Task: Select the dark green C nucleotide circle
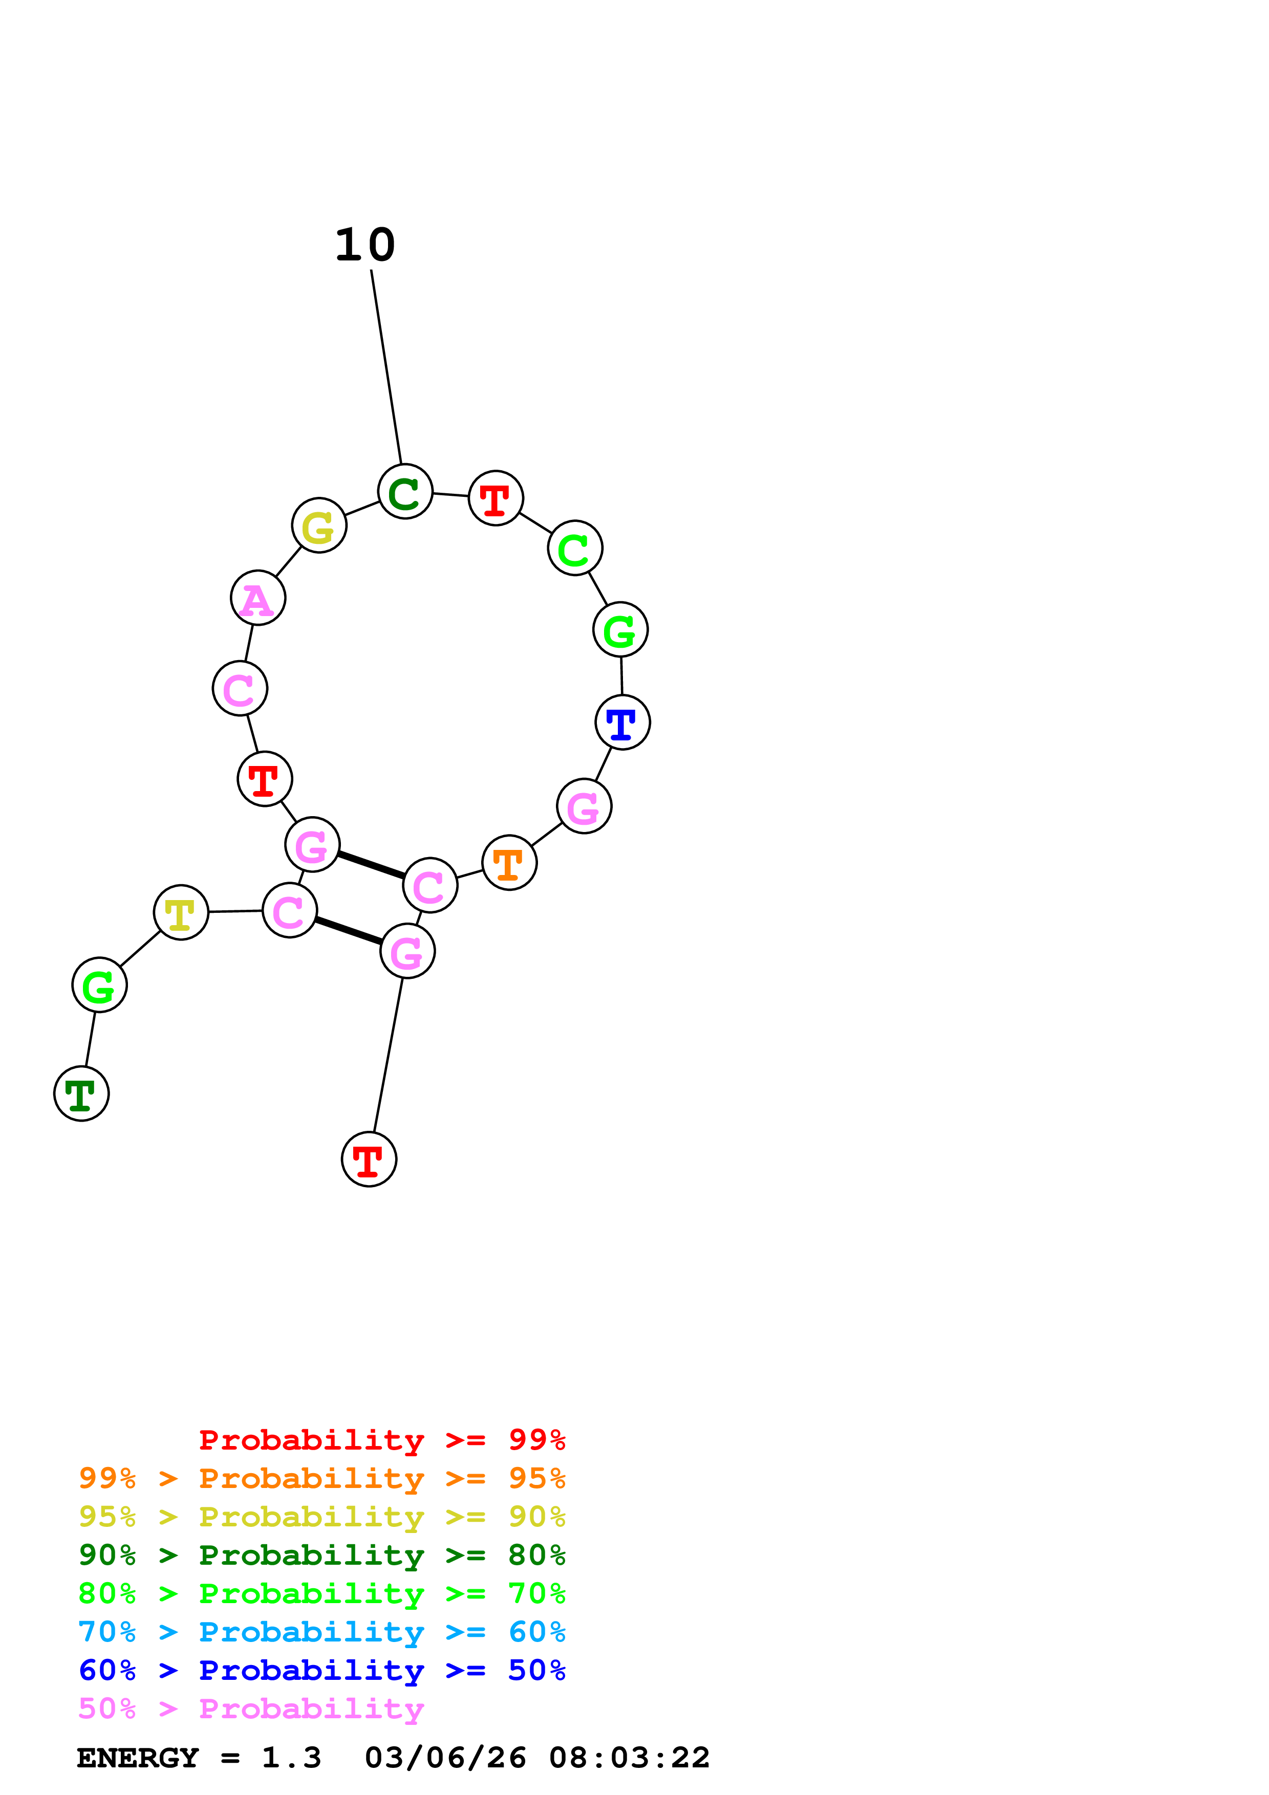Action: click(x=405, y=491)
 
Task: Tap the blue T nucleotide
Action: click(x=622, y=723)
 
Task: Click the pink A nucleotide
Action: click(x=258, y=598)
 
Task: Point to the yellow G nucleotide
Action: click(x=319, y=526)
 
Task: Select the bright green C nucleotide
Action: click(x=575, y=548)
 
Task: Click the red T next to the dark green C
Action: click(x=496, y=498)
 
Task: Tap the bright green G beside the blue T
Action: click(x=620, y=629)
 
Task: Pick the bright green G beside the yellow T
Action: click(x=99, y=985)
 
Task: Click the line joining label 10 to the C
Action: click(x=386, y=367)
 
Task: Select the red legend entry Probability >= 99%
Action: click(x=381, y=1440)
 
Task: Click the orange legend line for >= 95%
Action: click(x=321, y=1478)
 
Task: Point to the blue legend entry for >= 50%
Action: click(x=321, y=1670)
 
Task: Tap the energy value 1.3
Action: click(x=291, y=1758)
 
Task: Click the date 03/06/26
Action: click(x=445, y=1758)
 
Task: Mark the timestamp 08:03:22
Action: click(x=630, y=1758)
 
